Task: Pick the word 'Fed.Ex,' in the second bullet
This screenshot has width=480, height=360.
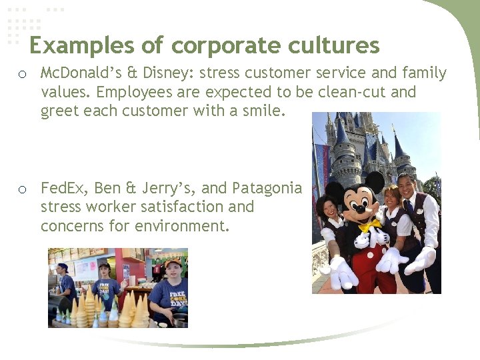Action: pos(65,188)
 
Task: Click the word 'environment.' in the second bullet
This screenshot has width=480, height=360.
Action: pos(182,225)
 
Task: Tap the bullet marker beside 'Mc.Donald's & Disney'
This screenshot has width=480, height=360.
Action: pos(23,73)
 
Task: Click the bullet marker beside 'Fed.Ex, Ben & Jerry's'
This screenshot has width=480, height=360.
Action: pos(23,189)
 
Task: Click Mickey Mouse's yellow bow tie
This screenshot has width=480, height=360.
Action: pos(367,226)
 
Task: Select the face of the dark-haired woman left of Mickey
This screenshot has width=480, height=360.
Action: pos(329,206)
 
